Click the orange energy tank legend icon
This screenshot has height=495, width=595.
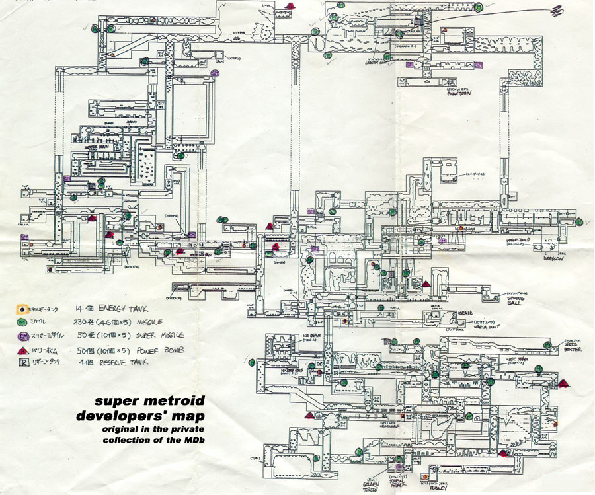pyautogui.click(x=22, y=309)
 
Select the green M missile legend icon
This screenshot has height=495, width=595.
pyautogui.click(x=22, y=322)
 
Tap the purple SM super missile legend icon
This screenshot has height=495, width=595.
pyautogui.click(x=22, y=335)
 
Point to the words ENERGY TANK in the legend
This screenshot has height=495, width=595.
pyautogui.click(x=124, y=309)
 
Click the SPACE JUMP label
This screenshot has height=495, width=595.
pyautogui.click(x=522, y=241)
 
